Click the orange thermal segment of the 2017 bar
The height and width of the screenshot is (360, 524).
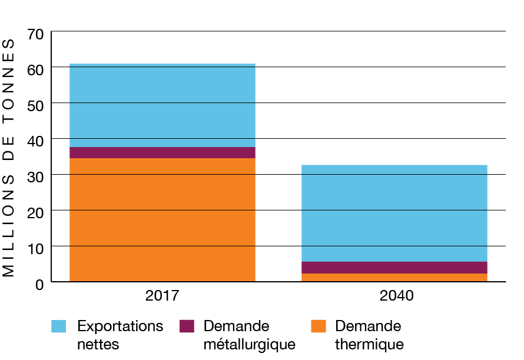(162, 219)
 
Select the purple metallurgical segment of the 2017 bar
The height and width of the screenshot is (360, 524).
(162, 152)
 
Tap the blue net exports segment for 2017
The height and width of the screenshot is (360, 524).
(162, 105)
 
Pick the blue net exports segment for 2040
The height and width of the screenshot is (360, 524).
(394, 213)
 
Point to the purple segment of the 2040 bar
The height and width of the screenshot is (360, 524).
(394, 268)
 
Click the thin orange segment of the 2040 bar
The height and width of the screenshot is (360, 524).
(394, 278)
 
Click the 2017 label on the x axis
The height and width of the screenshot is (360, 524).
(162, 295)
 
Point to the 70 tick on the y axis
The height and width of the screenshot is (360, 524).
(35, 34)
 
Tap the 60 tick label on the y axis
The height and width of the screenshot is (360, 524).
(35, 70)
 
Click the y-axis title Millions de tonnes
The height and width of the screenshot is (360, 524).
(9, 158)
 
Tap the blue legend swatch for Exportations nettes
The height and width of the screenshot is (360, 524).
(59, 326)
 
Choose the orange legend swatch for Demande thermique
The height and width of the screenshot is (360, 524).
(318, 326)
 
